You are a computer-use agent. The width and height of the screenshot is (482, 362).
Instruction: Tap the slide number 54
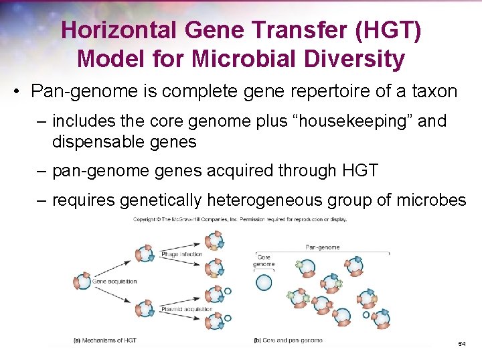462,343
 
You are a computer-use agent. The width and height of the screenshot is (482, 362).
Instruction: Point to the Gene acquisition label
116,282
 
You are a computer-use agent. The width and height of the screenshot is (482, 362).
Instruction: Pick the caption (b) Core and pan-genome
289,341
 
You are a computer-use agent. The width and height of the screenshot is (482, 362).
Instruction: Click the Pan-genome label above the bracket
322,247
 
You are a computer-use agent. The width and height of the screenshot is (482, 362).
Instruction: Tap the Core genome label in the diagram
264,261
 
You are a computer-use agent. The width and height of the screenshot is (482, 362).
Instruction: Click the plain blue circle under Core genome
264,282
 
